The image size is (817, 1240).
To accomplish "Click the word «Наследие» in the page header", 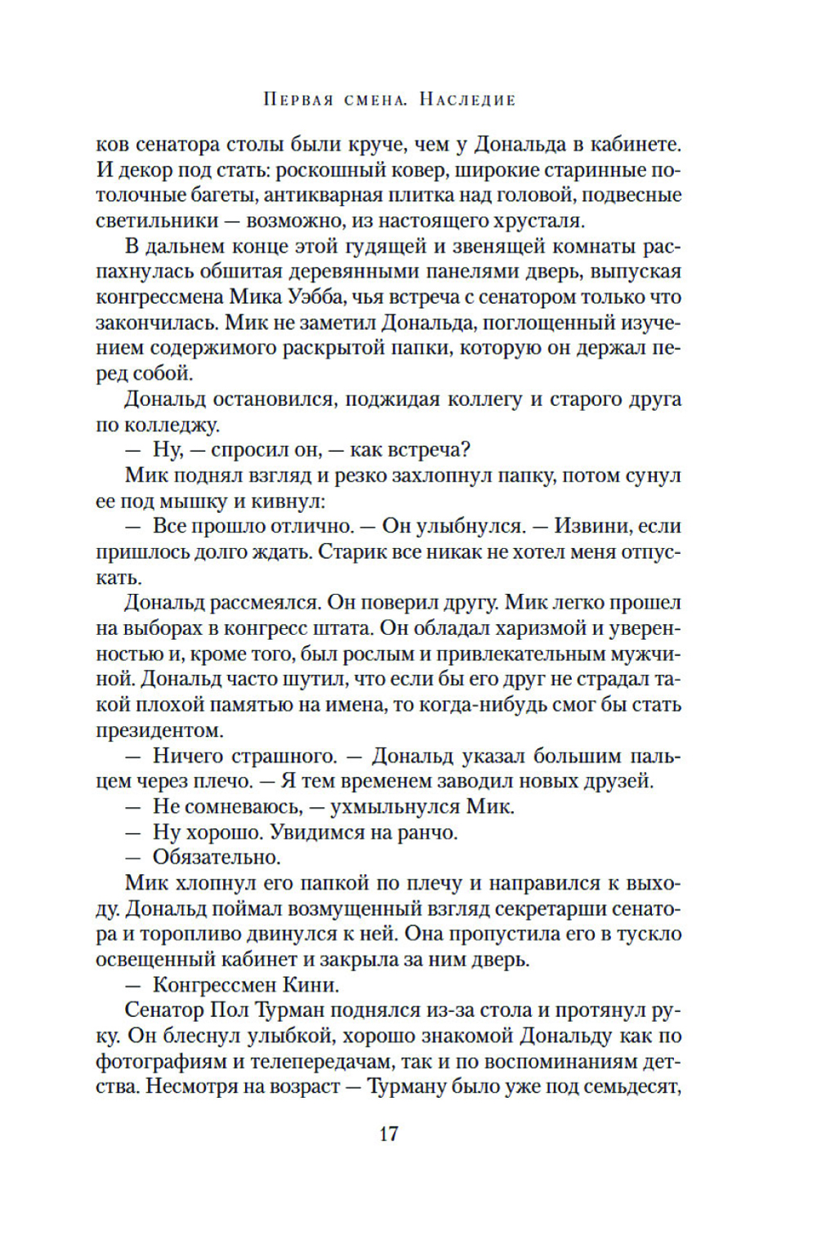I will coord(467,100).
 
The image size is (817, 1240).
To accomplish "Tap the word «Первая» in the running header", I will coord(298,100).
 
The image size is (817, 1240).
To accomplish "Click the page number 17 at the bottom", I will coord(388,1134).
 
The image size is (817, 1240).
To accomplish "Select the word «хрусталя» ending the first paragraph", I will coord(535,221).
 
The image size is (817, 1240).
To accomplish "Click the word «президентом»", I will coord(159,730).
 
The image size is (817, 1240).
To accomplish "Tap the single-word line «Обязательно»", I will coord(217,858).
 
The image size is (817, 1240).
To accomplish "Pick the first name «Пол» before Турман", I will coord(230,1010).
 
